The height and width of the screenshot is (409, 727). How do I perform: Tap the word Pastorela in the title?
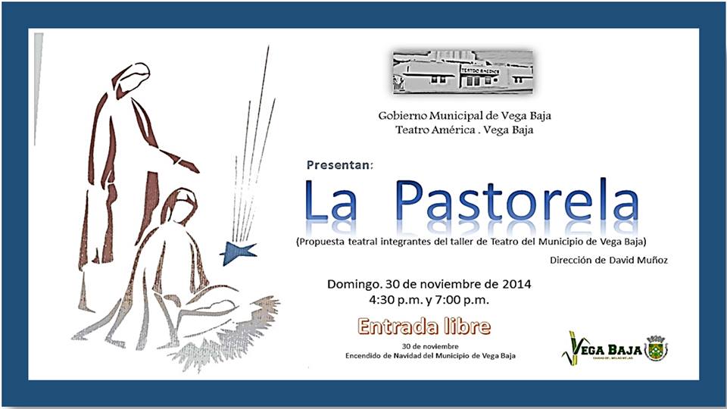click(x=517, y=201)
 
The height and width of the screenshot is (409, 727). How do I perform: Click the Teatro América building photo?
click(x=463, y=73)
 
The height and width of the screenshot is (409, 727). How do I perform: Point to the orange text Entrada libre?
click(x=424, y=327)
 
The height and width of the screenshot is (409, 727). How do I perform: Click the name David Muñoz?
click(x=645, y=261)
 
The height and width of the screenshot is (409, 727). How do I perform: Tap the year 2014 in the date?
click(x=516, y=285)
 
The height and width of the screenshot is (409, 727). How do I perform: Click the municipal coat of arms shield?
click(x=656, y=349)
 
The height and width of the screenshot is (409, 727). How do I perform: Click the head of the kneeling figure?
click(x=180, y=204)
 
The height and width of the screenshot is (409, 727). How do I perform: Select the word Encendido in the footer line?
click(x=367, y=355)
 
